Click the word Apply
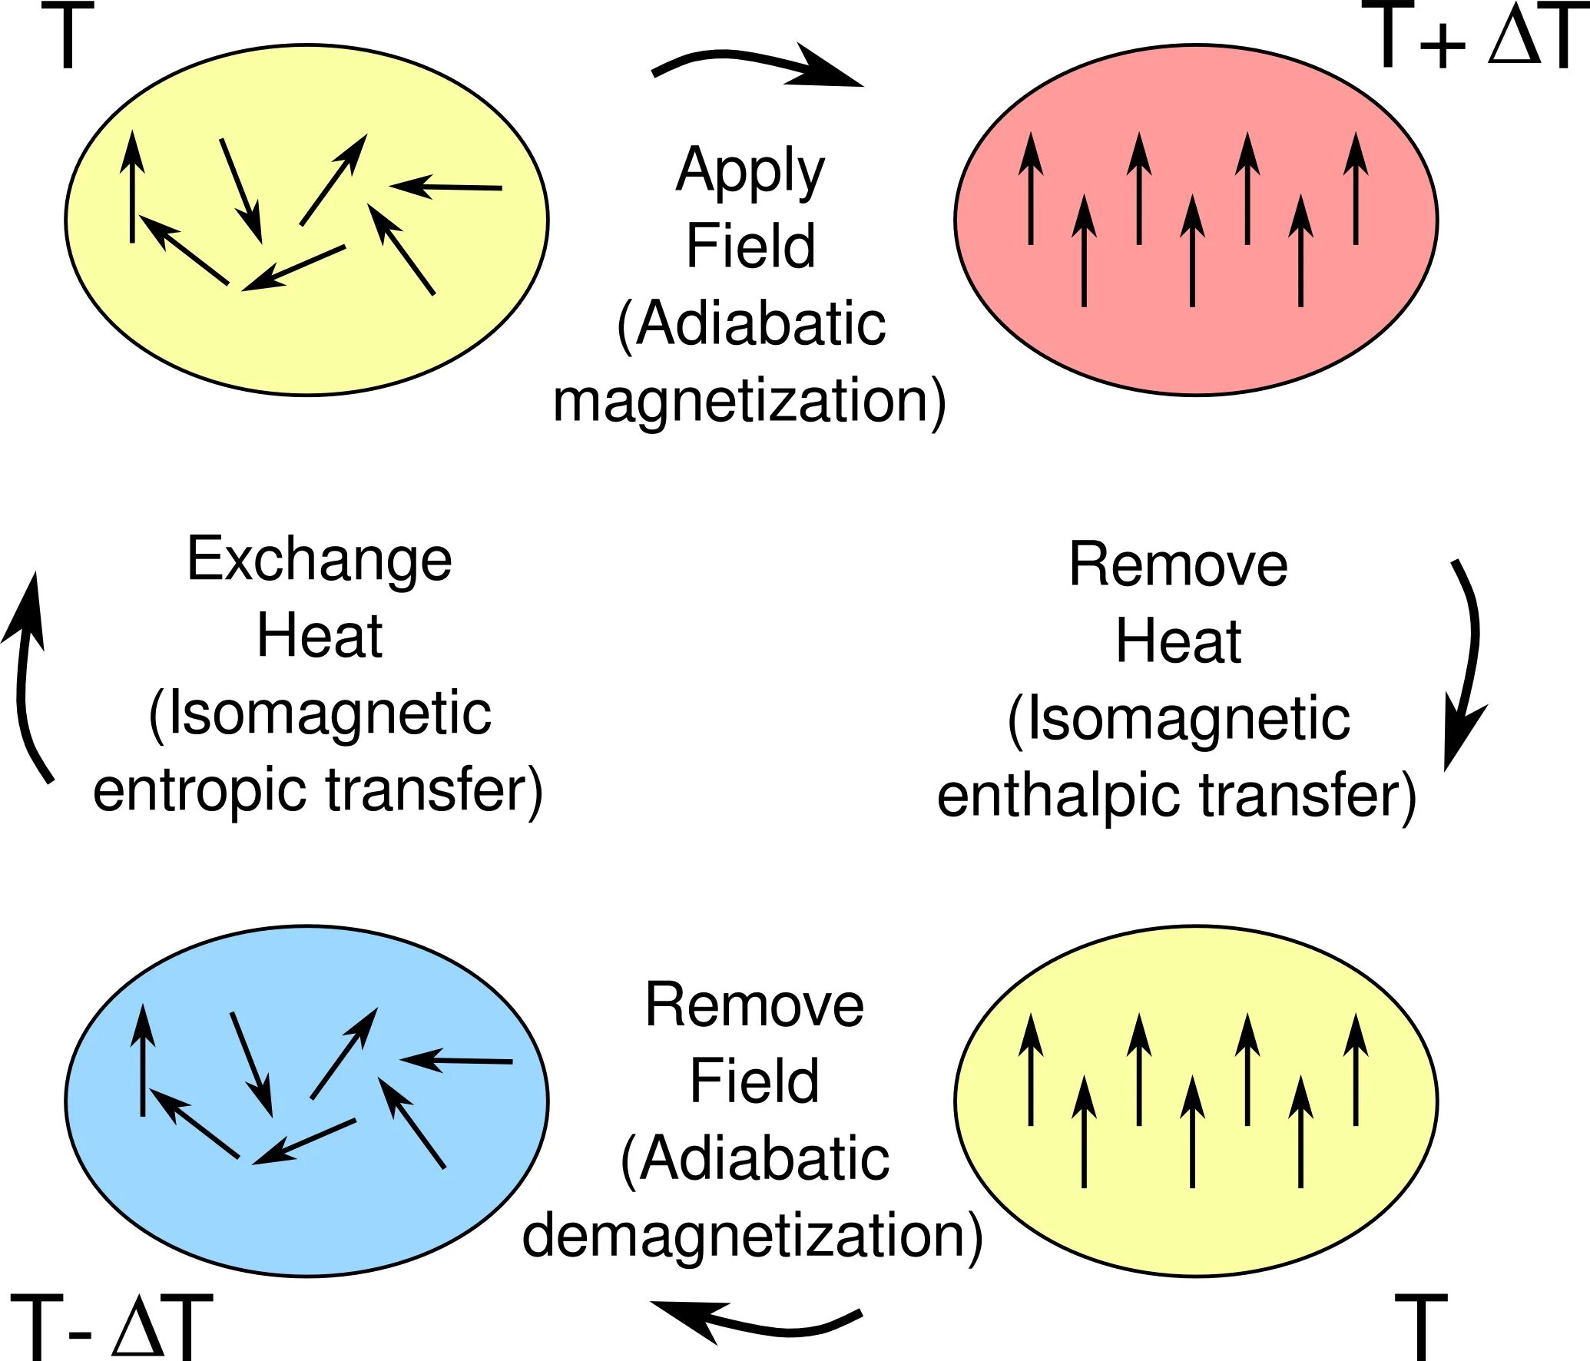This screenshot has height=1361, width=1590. coord(750,171)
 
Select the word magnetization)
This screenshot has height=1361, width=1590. coord(749,401)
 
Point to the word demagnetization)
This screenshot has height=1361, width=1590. coord(752,1236)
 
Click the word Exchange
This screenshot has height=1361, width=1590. coord(320,559)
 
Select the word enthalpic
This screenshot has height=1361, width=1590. coord(1061,796)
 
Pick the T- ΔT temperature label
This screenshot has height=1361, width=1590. coord(111,1326)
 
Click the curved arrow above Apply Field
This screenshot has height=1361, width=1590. coord(757,65)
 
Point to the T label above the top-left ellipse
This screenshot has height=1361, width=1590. coord(68,35)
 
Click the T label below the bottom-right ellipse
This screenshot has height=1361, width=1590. coord(1421,1327)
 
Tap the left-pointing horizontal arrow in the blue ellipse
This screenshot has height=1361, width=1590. coord(456,1061)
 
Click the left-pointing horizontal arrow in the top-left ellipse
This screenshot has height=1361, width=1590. coord(446,187)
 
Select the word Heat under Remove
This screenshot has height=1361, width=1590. coord(1178,641)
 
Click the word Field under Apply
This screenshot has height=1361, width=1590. coord(750,247)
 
